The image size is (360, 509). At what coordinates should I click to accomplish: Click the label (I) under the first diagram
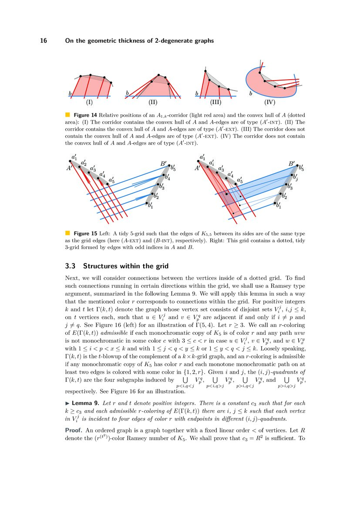point(89,103)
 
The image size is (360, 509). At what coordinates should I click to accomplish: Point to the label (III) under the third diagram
point(215,103)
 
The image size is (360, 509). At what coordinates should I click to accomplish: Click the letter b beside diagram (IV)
point(250,93)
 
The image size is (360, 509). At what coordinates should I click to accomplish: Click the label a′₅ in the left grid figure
point(112,179)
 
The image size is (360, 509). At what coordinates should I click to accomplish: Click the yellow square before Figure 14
point(67,115)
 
